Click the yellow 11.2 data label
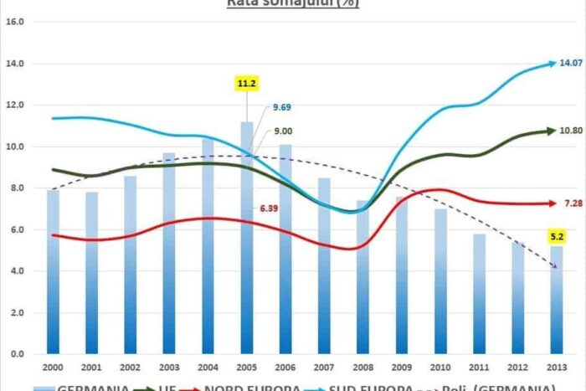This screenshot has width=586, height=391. point(246,85)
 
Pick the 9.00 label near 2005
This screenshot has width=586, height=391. point(284,130)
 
